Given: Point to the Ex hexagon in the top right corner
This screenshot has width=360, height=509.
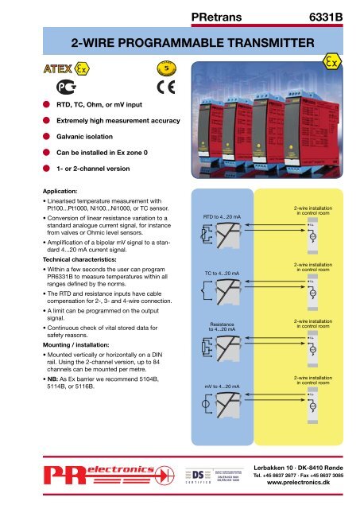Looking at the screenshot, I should pyautogui.click(x=333, y=63).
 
